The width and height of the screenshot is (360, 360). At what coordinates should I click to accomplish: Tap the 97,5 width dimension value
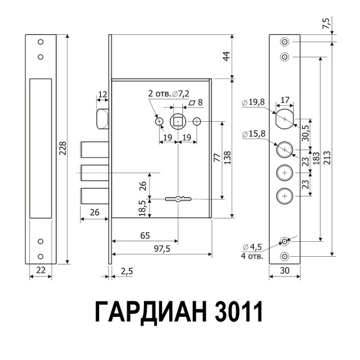(162, 248)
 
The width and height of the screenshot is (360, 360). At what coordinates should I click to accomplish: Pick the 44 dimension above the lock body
(226, 57)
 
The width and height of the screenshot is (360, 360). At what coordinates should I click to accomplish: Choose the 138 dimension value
(227, 157)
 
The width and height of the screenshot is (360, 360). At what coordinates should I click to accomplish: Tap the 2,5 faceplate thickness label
(127, 271)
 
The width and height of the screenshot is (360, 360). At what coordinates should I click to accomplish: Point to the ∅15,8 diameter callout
(253, 133)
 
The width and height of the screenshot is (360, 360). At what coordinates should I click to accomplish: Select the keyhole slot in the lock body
(178, 199)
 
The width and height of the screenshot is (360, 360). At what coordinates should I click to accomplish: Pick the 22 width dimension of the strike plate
(41, 271)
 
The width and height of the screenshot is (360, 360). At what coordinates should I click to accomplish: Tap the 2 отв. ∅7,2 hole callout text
(169, 94)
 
